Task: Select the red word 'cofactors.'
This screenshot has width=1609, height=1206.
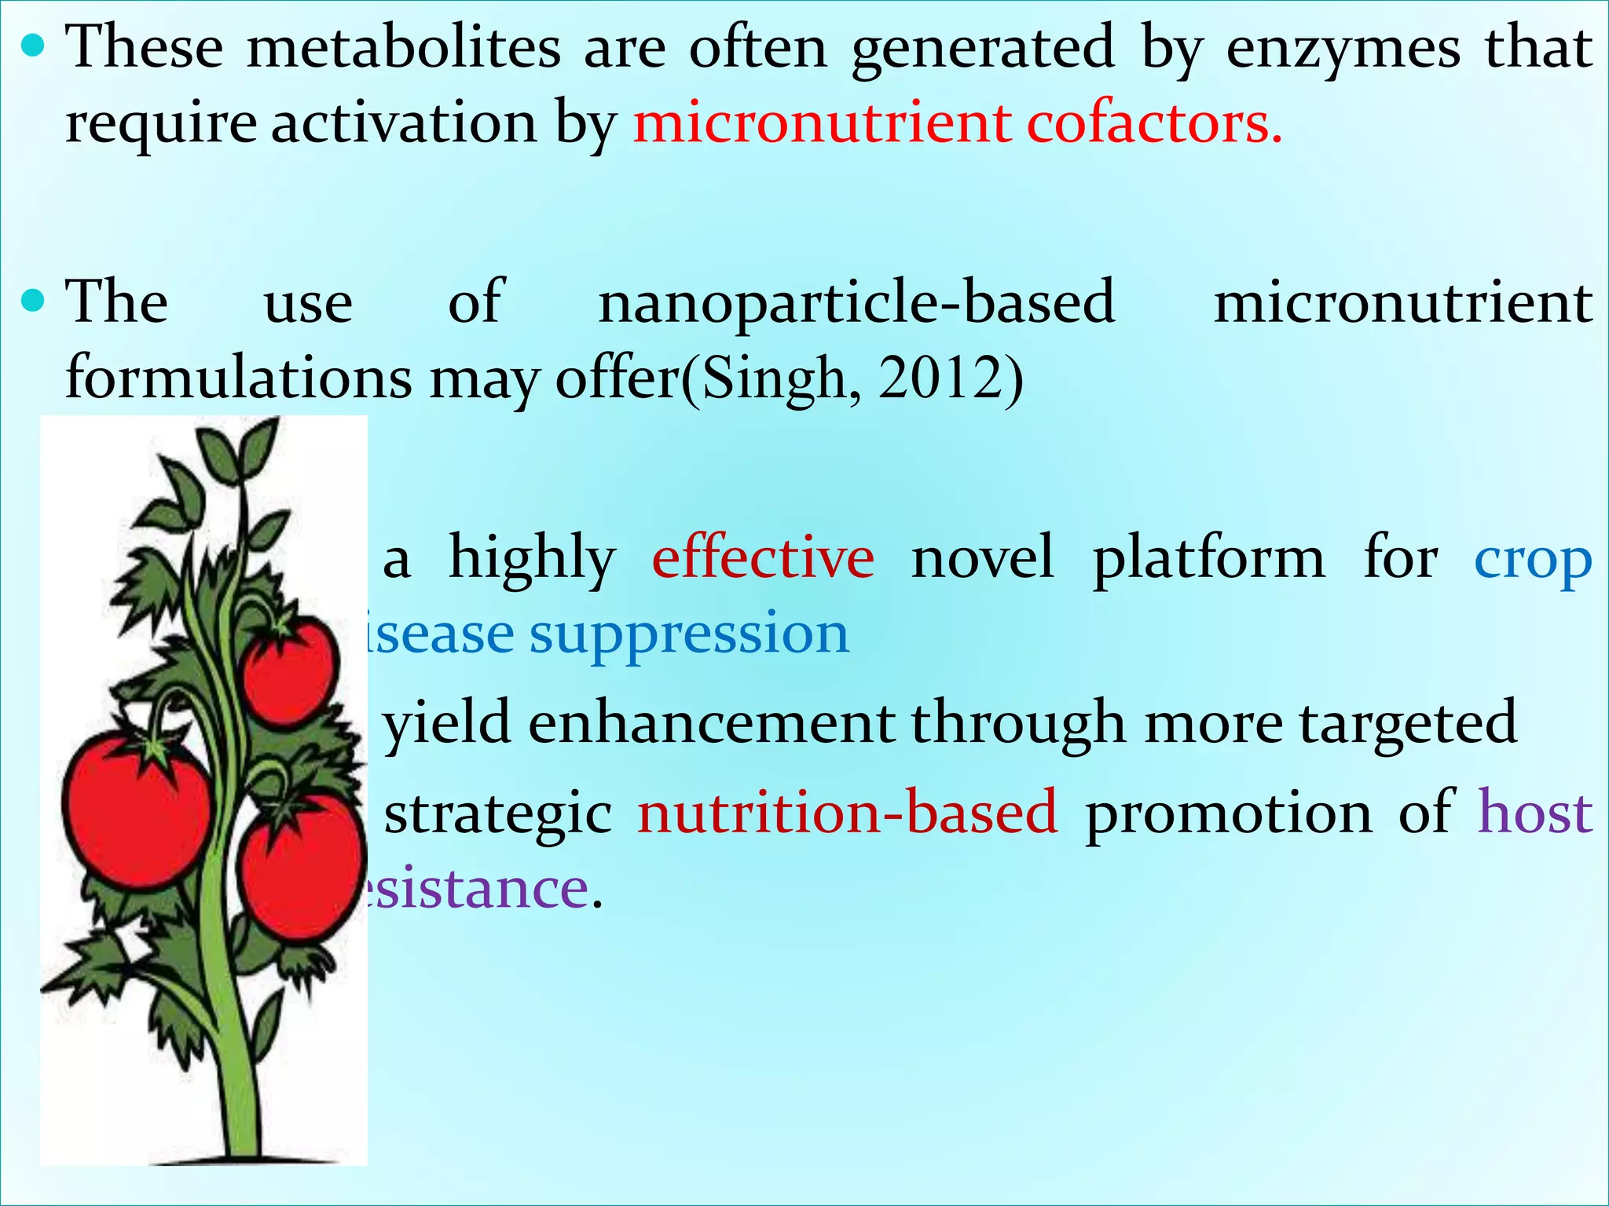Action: (x=1154, y=124)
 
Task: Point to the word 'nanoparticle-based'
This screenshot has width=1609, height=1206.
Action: (x=856, y=303)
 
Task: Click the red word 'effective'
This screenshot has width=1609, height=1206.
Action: (x=763, y=558)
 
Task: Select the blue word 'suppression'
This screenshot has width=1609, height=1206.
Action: (x=689, y=635)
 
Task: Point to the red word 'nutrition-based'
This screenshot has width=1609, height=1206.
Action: (x=847, y=813)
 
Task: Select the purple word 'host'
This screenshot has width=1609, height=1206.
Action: (x=1535, y=812)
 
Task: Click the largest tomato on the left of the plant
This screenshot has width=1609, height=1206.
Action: (x=136, y=809)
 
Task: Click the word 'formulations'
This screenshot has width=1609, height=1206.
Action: (x=238, y=378)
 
